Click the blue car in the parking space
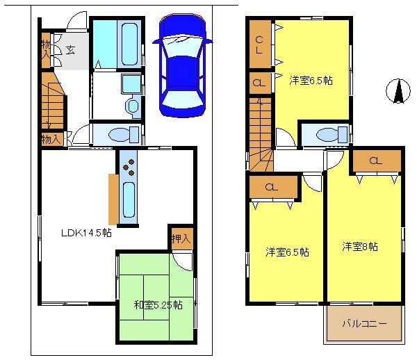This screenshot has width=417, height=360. (183, 66)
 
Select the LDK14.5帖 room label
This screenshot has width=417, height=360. (86, 233)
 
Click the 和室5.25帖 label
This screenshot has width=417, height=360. (158, 304)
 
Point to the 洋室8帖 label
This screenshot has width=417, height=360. (360, 246)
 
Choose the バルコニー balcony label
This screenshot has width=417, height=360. (363, 324)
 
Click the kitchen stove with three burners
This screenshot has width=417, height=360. (129, 166)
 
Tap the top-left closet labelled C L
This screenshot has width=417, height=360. (259, 44)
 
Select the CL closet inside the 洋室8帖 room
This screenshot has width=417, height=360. (375, 161)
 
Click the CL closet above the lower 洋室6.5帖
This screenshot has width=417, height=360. (271, 186)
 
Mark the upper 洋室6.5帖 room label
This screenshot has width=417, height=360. (311, 81)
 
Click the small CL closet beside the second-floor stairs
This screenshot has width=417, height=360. (259, 83)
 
